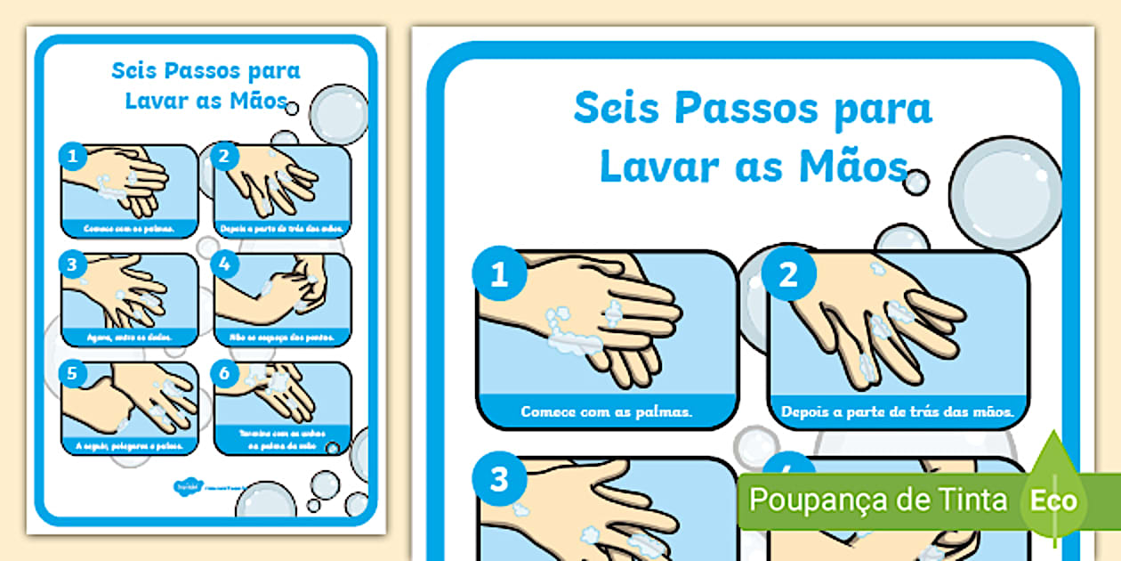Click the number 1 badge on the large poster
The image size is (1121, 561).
(499, 274)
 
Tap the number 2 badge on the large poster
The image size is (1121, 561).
(788, 274)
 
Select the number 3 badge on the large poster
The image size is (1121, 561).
(499, 480)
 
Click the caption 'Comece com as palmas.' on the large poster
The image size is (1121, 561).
(607, 412)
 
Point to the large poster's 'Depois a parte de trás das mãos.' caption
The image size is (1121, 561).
(898, 412)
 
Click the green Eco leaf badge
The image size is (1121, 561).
(1053, 500)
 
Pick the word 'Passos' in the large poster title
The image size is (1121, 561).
(740, 109)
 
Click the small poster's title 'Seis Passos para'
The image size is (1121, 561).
(206, 71)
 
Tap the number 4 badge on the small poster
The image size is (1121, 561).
(225, 264)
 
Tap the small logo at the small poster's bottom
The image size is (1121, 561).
(185, 485)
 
